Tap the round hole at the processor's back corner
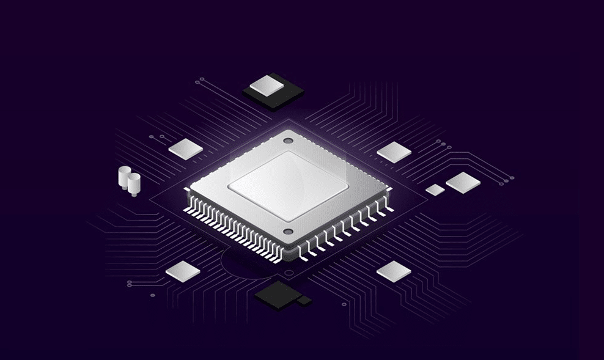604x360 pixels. click(287, 141)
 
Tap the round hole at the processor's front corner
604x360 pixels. click(288, 232)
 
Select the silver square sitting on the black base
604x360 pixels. click(267, 85)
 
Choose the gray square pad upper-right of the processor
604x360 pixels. click(395, 152)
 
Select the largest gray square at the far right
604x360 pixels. click(463, 182)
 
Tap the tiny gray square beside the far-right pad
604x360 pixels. click(435, 189)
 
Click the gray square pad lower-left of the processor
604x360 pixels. click(183, 271)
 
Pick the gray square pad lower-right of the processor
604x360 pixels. click(394, 271)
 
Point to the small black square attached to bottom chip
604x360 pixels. click(304, 300)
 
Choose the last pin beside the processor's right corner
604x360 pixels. click(388, 209)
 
